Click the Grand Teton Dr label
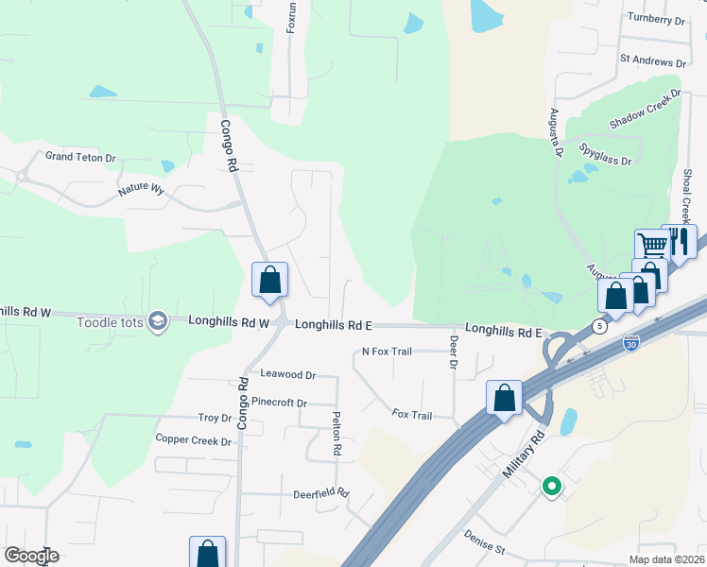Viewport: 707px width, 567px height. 80,157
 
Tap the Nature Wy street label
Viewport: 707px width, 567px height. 141,190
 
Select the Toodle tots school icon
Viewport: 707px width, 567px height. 158,322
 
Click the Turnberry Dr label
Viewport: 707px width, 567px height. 655,19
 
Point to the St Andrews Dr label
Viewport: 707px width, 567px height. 651,58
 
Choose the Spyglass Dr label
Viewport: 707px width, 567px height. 606,154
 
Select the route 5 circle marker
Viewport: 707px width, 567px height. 599,326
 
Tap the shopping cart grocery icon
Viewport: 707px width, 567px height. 652,245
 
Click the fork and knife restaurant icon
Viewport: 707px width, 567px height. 680,241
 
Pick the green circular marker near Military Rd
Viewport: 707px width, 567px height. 551,488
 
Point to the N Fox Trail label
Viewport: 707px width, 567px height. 388,352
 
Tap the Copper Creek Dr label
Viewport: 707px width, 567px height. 193,440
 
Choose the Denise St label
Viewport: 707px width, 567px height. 486,541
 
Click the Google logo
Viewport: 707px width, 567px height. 31,556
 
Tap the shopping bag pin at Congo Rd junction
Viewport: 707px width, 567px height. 270,280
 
